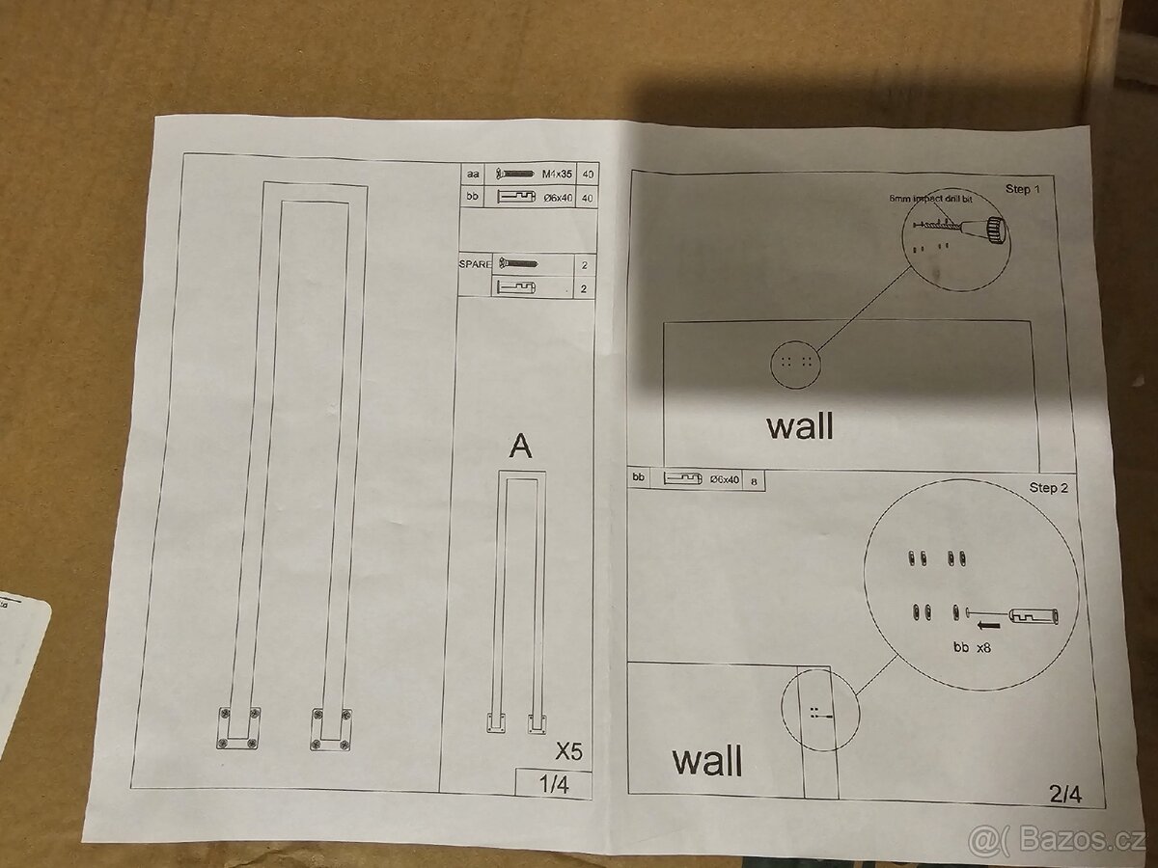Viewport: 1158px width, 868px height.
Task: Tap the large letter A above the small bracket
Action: pyautogui.click(x=520, y=446)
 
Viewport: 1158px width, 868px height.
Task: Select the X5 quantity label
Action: pyautogui.click(x=568, y=750)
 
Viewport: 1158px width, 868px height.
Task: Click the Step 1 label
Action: pyautogui.click(x=1024, y=188)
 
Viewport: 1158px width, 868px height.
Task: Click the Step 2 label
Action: pyautogui.click(x=1049, y=488)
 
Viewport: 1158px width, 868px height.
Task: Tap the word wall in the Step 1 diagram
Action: pyautogui.click(x=800, y=425)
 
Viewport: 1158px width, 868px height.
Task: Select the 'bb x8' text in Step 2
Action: pyautogui.click(x=972, y=649)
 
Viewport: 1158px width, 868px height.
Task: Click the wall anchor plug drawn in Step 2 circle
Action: pyautogui.click(x=1034, y=614)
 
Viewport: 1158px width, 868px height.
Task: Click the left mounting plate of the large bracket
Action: pyautogui.click(x=238, y=728)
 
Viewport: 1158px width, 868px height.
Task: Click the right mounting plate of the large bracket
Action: pyautogui.click(x=330, y=729)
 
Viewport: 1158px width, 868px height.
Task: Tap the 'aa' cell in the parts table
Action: pyautogui.click(x=473, y=174)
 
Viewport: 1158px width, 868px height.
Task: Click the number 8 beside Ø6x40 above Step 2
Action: pyautogui.click(x=753, y=479)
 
